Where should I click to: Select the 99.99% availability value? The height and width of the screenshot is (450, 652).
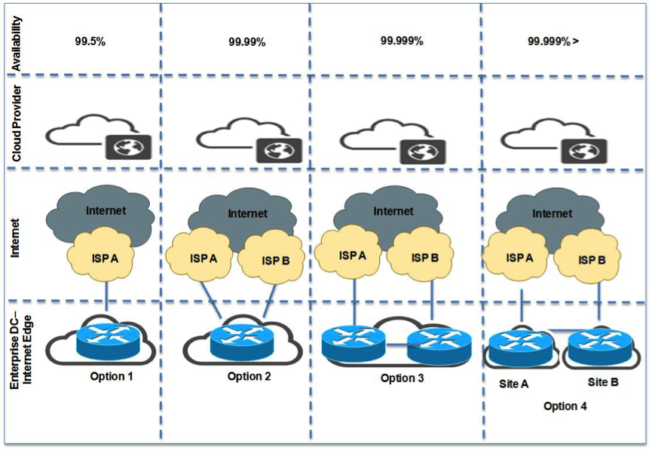coord(247,42)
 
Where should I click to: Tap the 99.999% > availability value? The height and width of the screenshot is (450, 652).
coord(553,41)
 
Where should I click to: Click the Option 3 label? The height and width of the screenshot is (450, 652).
coord(402,378)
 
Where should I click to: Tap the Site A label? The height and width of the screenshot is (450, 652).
coord(513,383)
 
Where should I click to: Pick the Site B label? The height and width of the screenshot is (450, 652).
coord(603,382)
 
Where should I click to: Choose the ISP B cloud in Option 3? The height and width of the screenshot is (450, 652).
coord(423,257)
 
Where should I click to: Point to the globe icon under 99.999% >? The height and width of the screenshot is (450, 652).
coord(583,150)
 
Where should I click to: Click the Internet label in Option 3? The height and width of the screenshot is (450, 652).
coord(393,211)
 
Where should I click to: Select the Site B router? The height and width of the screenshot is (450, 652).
coord(598,347)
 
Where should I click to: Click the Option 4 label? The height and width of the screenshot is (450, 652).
coord(565,406)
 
